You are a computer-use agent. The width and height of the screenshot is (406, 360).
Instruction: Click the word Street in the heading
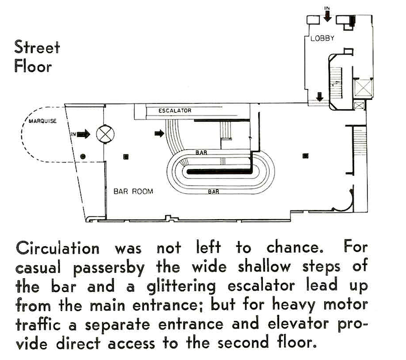pos(37,47)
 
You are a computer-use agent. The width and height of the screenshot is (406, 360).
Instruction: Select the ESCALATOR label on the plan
pos(175,111)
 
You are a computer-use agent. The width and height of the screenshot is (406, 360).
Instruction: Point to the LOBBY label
pos(323,39)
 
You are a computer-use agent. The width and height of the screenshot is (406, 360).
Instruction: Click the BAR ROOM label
pos(130,192)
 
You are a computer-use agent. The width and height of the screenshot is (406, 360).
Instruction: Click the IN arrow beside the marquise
pos(83,134)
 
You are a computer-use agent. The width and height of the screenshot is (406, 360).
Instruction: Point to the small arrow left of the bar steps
pos(159,134)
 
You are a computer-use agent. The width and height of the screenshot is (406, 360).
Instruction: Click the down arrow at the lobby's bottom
pos(320,96)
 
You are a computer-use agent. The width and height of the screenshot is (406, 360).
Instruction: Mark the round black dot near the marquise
pos(83,155)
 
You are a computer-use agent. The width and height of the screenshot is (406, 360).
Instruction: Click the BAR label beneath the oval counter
pos(214,192)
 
